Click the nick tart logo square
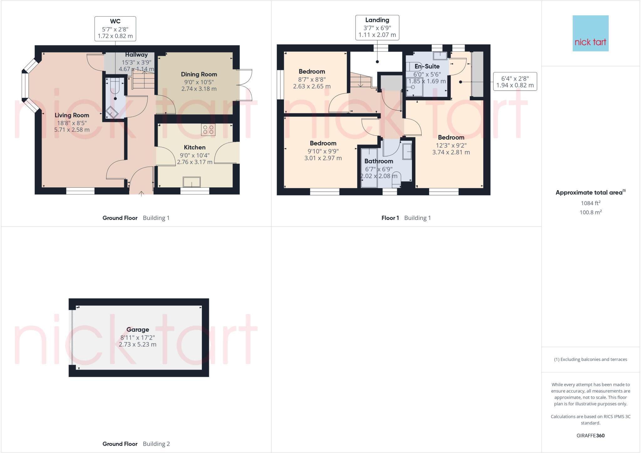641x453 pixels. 590,33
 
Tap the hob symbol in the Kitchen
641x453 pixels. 208,130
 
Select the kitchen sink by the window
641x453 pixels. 192,182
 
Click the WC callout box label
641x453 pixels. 115,29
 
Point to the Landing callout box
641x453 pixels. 377,27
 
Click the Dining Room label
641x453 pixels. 199,74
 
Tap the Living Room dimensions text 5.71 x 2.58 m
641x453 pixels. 72,129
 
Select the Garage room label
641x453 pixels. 137,330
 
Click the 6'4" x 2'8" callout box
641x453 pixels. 515,81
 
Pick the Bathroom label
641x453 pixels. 378,161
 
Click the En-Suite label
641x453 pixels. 427,66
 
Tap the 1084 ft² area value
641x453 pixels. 590,203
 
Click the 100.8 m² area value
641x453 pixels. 590,212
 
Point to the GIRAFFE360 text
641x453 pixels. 590,435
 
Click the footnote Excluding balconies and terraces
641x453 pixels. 590,359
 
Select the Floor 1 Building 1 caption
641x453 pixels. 406,218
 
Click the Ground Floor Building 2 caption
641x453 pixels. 136,444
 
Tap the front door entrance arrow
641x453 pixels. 141,193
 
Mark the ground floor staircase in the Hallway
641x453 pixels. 143,80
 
